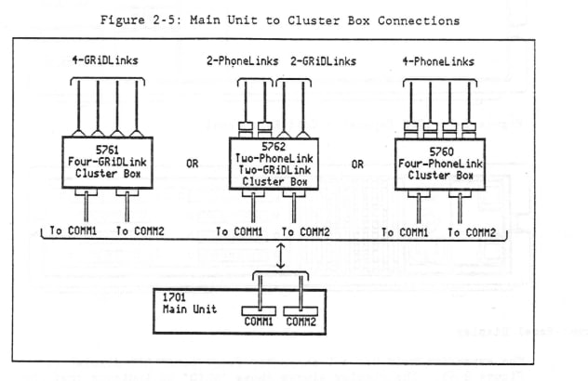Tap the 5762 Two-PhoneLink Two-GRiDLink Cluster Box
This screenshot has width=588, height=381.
click(274, 163)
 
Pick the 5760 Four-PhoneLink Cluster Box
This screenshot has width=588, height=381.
click(440, 164)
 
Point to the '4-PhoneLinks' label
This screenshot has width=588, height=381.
click(440, 61)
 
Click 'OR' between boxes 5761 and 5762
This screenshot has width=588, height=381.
click(191, 164)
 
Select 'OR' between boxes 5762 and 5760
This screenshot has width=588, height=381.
click(357, 164)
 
